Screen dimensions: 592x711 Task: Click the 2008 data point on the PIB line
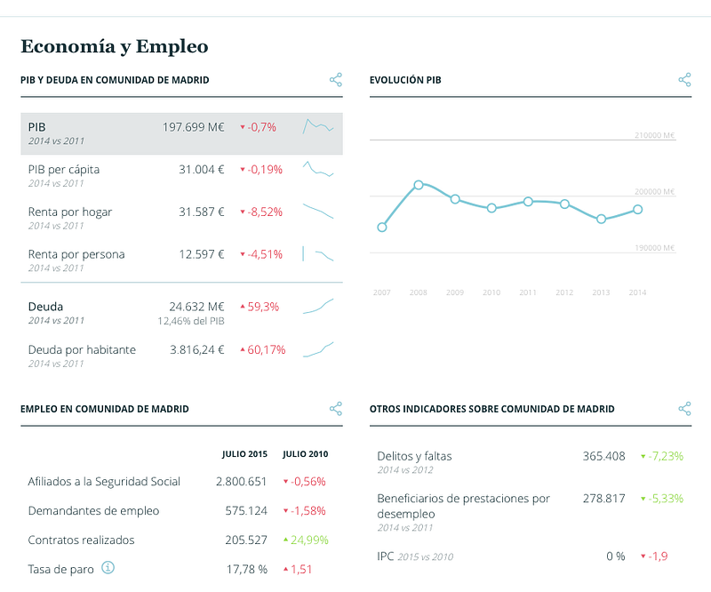click(x=419, y=185)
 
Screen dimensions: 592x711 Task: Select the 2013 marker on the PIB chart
click(x=602, y=219)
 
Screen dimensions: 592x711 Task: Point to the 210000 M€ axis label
click(x=655, y=136)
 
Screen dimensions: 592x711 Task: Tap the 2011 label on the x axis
click(x=528, y=292)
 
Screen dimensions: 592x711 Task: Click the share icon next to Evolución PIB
click(x=684, y=80)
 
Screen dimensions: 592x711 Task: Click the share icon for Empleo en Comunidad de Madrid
click(x=336, y=409)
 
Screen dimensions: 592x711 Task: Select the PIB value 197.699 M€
click(x=193, y=127)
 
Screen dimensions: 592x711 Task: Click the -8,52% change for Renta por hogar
click(x=265, y=212)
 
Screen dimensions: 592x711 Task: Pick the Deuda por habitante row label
click(x=82, y=349)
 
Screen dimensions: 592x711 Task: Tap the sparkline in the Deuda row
click(x=318, y=307)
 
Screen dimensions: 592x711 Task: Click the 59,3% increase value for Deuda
click(x=263, y=307)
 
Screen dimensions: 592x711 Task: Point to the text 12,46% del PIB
click(x=191, y=321)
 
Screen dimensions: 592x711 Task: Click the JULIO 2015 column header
click(x=244, y=454)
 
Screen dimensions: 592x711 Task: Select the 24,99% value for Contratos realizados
click(x=309, y=540)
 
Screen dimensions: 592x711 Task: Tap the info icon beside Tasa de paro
click(x=108, y=567)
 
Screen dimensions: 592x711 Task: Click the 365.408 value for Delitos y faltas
click(x=604, y=456)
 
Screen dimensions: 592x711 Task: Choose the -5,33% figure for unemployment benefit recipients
click(x=666, y=499)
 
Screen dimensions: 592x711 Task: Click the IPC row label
click(x=386, y=556)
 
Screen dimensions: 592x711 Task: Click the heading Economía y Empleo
click(x=114, y=46)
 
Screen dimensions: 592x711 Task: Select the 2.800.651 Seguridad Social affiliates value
click(x=241, y=482)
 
